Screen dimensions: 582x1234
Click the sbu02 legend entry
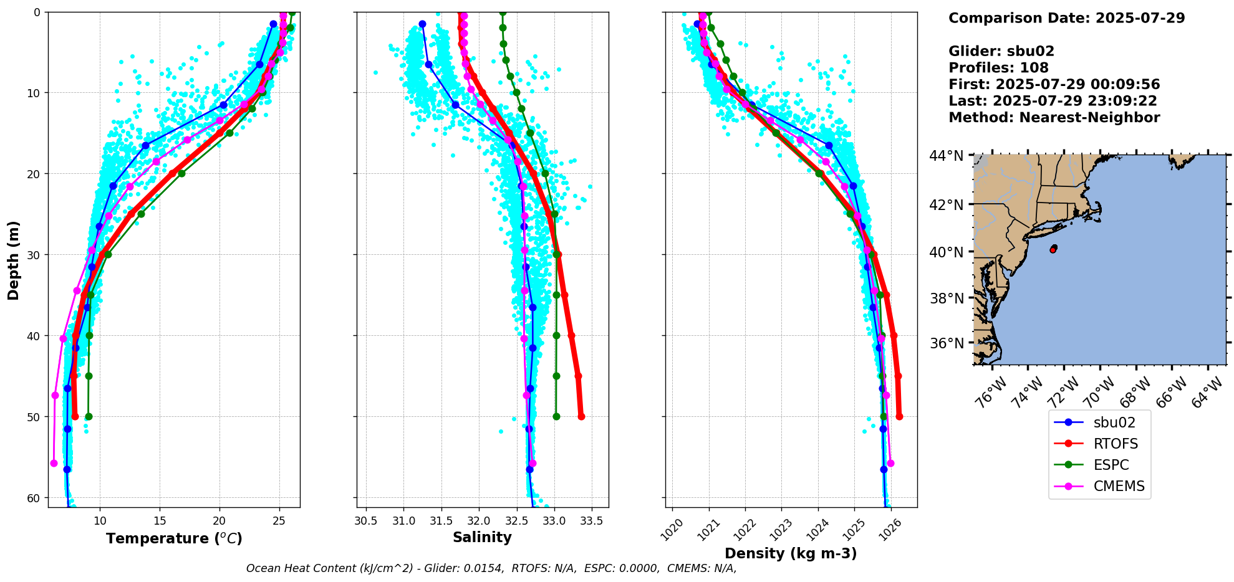click(x=1114, y=422)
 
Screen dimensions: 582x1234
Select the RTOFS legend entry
click(x=1116, y=444)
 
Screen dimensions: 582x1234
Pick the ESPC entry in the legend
click(x=1111, y=465)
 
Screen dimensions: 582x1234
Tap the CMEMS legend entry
click(x=1119, y=486)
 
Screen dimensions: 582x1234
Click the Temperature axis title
click(x=174, y=538)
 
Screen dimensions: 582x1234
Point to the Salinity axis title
click(x=482, y=537)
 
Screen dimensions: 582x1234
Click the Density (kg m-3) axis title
click(x=791, y=553)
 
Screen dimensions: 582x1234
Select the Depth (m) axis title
click(x=14, y=260)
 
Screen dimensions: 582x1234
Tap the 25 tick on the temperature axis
click(x=279, y=521)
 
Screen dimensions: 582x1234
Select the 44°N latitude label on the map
click(x=946, y=156)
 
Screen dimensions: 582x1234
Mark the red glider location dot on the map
click(x=1053, y=249)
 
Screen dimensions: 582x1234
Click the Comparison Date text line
click(x=1066, y=18)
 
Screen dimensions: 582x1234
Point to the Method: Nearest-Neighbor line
click(x=1054, y=118)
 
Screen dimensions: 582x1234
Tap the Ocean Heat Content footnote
click(x=491, y=568)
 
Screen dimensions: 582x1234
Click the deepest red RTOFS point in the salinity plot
click(x=581, y=416)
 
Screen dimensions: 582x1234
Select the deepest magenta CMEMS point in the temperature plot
click(x=54, y=463)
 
